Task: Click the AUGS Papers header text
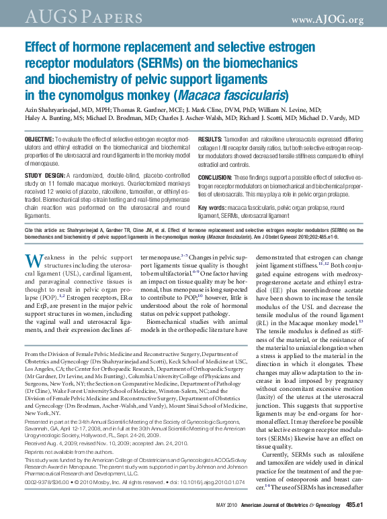65,15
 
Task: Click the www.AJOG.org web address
329,19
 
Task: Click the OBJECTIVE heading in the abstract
40,138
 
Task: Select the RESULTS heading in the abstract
211,138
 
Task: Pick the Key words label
212,209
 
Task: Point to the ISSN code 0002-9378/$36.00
46,481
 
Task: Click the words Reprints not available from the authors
60,453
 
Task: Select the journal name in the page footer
294,504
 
